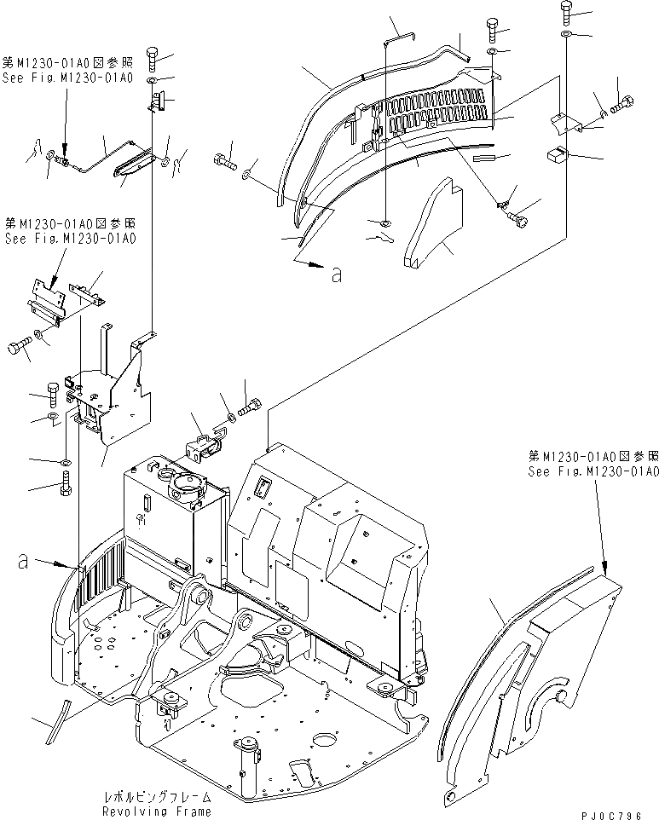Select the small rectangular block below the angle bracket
pyautogui.click(x=558, y=156)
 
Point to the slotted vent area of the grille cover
pyautogui.click(x=439, y=111)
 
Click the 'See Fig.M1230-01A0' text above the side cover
pyautogui.click(x=593, y=471)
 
